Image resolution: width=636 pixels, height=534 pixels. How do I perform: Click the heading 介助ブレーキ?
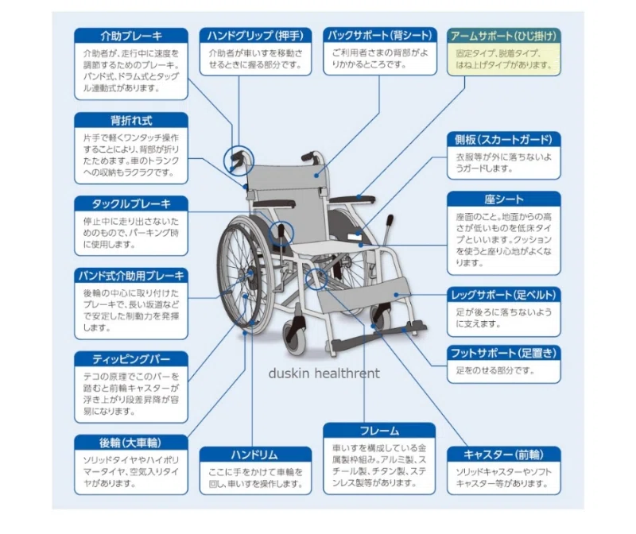pyautogui.click(x=131, y=36)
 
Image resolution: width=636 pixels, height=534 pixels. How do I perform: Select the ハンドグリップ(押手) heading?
pyautogui.click(x=255, y=36)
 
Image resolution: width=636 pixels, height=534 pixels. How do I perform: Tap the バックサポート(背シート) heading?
pyautogui.click(x=380, y=35)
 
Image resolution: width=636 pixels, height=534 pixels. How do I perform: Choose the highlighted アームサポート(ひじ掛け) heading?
pyautogui.click(x=504, y=36)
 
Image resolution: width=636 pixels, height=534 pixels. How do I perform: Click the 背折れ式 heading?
pyautogui.click(x=131, y=121)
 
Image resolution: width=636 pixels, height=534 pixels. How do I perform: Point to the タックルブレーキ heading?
pyautogui.click(x=131, y=204)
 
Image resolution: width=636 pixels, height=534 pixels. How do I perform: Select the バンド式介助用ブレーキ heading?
pyautogui.click(x=131, y=276)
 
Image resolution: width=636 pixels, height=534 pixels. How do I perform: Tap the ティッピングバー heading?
pyautogui.click(x=131, y=359)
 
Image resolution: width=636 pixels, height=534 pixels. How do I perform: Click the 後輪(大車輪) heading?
pyautogui.click(x=131, y=443)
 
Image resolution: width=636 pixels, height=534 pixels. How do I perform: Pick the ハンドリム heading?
pyautogui.click(x=255, y=455)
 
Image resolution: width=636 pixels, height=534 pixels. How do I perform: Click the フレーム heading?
pyautogui.click(x=380, y=431)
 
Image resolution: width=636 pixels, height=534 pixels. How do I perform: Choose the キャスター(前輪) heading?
pyautogui.click(x=504, y=455)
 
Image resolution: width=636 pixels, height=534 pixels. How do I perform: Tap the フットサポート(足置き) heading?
pyautogui.click(x=504, y=353)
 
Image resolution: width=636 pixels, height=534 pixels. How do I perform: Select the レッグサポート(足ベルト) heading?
pyautogui.click(x=504, y=295)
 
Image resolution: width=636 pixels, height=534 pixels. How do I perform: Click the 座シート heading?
pyautogui.click(x=504, y=199)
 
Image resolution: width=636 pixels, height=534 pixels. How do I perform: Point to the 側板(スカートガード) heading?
pyautogui.click(x=504, y=140)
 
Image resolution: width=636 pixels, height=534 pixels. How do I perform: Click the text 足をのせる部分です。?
pyautogui.click(x=495, y=370)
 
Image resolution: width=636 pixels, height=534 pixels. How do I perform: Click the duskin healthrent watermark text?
pyautogui.click(x=324, y=373)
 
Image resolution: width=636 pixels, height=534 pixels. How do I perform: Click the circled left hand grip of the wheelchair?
pyautogui.click(x=238, y=161)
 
